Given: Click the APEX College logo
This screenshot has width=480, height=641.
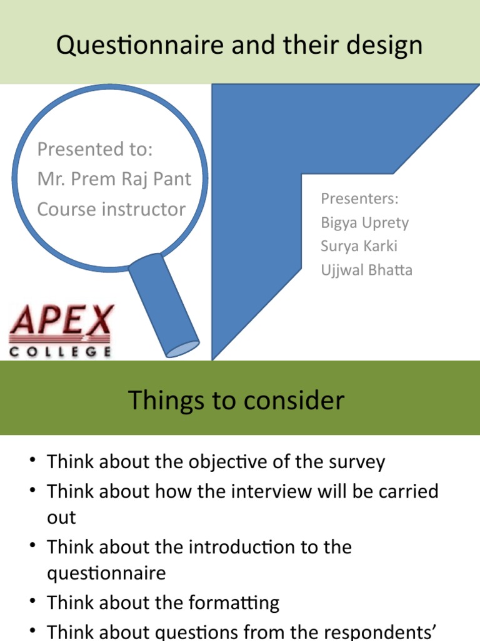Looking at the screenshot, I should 61,331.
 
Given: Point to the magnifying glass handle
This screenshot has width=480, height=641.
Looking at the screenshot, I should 164,305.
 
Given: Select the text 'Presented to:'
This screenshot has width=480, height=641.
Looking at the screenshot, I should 95,150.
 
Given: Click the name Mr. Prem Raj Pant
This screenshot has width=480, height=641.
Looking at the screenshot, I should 114,179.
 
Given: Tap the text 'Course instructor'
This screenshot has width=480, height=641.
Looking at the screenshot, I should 111,209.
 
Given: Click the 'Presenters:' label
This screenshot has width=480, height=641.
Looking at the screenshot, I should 359,198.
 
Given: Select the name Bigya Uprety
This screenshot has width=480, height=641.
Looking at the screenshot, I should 364,222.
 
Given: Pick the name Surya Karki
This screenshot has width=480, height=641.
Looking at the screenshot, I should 359,246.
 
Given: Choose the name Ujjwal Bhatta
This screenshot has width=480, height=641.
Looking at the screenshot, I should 366,270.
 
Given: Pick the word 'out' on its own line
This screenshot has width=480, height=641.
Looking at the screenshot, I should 61,518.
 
